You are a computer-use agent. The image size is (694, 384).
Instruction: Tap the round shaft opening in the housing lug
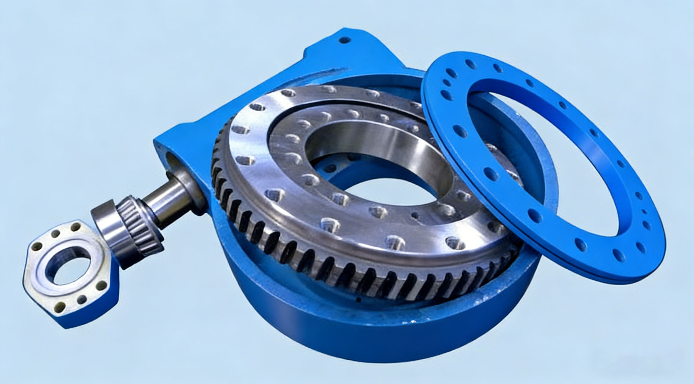pos(172,160)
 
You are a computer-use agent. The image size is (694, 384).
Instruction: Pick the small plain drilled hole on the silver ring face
pos(415,215)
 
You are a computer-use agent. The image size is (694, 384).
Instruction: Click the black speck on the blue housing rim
pos(358,299)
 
